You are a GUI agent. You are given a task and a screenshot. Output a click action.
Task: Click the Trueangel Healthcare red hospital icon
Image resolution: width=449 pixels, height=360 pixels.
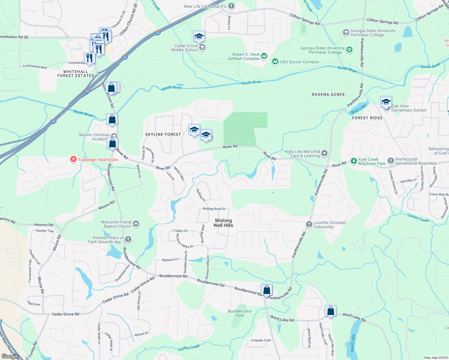click(x=73, y=159)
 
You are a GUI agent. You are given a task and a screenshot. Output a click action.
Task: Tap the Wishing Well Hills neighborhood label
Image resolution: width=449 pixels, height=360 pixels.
click(x=223, y=223)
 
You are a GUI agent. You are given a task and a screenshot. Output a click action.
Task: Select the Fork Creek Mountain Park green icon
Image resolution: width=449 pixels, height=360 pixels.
click(x=354, y=161)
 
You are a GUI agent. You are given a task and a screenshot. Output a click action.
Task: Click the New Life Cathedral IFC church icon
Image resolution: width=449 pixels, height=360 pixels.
click(x=231, y=6)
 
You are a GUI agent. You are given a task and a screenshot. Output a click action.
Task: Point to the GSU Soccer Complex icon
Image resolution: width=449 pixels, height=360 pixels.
click(x=275, y=61)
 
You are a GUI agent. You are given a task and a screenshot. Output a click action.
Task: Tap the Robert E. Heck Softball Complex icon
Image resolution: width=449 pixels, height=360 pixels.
click(x=264, y=56)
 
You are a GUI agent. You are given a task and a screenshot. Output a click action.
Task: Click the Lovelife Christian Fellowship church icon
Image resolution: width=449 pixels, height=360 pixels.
click(x=309, y=224)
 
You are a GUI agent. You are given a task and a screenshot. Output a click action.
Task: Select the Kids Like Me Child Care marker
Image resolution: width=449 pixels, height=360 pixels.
click(x=324, y=154)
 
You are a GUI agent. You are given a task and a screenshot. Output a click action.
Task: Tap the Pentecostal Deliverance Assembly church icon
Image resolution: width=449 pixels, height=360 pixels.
click(x=390, y=161)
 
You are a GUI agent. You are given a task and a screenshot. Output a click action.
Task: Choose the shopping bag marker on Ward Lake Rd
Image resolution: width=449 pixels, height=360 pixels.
click(x=330, y=311)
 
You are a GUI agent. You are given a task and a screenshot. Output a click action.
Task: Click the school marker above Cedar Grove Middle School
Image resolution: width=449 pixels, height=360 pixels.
click(x=199, y=37)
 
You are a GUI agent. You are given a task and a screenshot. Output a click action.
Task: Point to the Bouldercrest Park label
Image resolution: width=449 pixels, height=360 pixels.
click(x=240, y=313)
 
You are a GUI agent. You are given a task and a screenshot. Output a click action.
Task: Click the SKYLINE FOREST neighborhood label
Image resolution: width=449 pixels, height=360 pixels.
click(x=163, y=134)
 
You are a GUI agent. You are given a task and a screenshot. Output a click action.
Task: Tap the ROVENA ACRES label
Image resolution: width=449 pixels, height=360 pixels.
click(x=328, y=94)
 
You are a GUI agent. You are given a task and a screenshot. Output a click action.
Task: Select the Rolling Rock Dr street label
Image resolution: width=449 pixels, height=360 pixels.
click(x=214, y=209)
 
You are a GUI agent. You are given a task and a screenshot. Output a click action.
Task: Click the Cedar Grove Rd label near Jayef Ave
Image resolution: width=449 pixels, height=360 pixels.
click(x=65, y=314)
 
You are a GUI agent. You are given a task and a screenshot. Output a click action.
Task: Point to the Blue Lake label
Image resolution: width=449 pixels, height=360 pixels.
click(x=359, y=109)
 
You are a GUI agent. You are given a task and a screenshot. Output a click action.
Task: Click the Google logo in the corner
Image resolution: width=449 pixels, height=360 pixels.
click(x=10, y=356)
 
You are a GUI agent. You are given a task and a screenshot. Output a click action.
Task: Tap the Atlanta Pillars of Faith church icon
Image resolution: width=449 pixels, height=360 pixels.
click(x=128, y=239)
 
